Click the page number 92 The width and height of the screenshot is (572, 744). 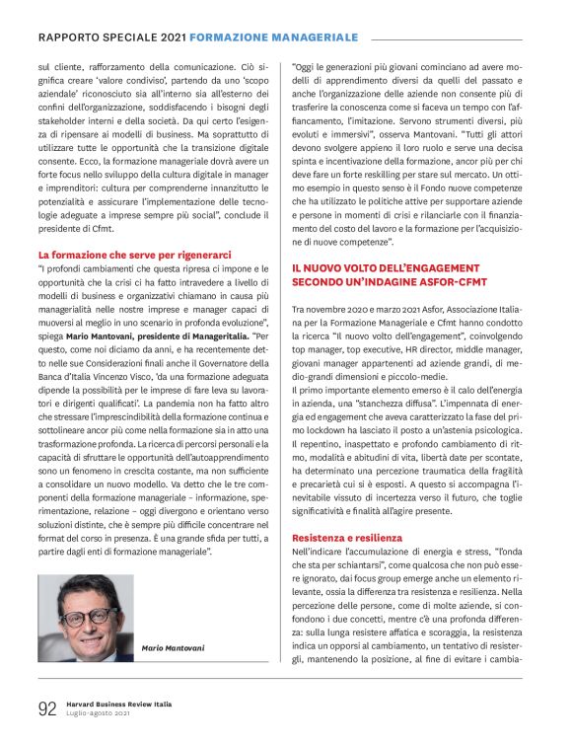click(46, 707)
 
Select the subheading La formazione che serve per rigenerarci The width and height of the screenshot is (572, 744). click(134, 255)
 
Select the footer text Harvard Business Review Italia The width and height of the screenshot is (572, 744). click(118, 704)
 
